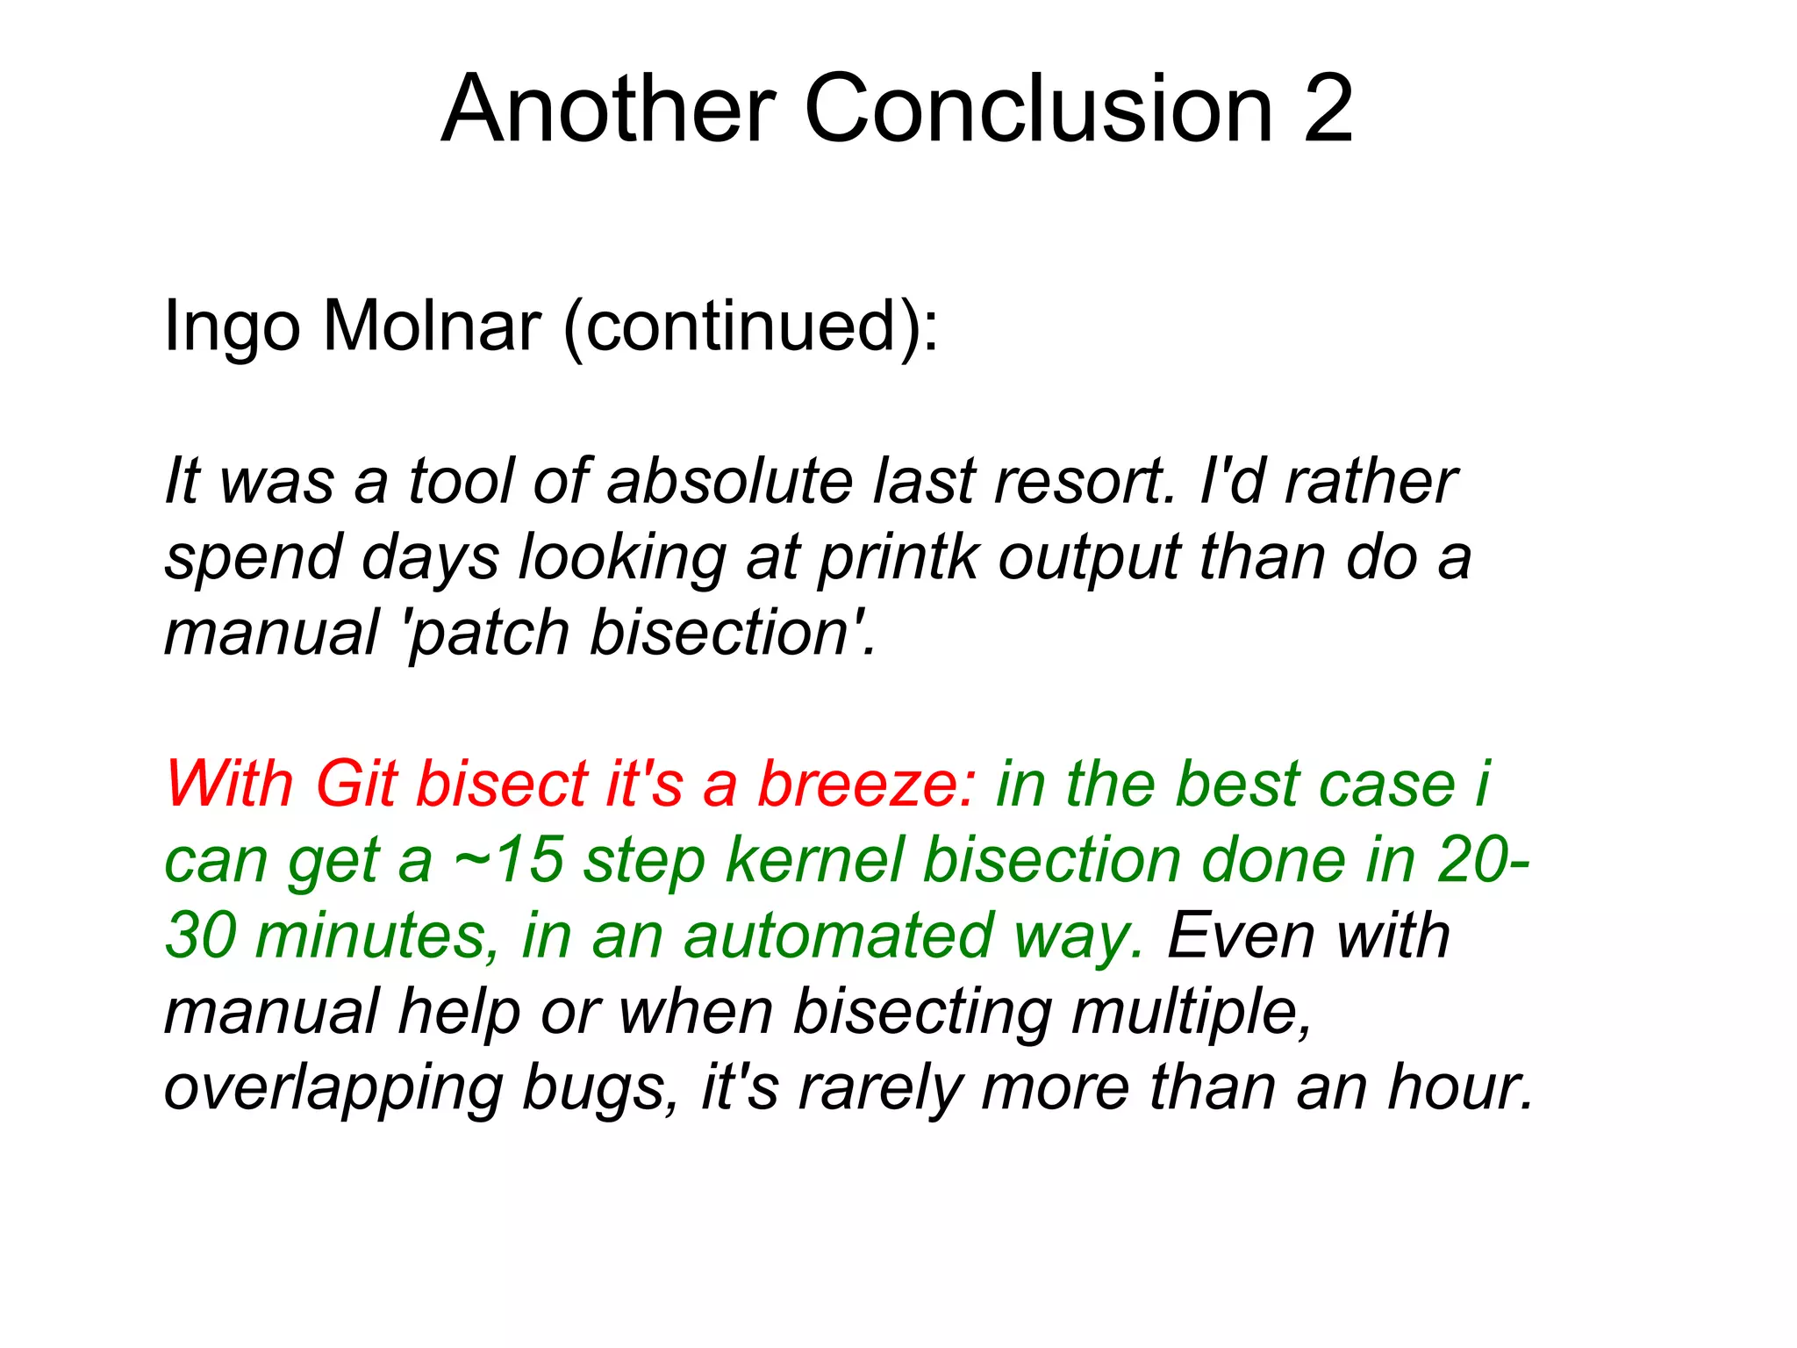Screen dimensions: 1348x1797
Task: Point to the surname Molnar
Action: (x=432, y=326)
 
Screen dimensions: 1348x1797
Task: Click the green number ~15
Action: (x=508, y=859)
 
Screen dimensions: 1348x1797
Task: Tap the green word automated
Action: (x=838, y=936)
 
